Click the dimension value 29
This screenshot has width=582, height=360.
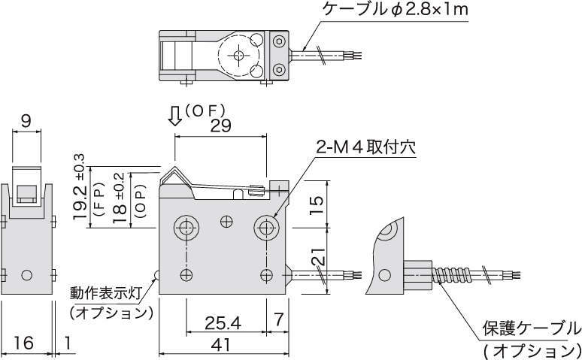[220, 126]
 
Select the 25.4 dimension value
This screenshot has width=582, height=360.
[223, 324]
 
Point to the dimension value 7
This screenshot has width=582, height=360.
[278, 319]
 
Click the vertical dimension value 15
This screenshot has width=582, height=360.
[317, 205]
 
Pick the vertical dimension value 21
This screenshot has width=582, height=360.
[319, 256]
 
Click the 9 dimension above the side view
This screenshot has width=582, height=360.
[26, 121]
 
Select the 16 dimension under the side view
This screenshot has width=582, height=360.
[23, 343]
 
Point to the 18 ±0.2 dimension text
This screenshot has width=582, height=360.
[120, 198]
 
